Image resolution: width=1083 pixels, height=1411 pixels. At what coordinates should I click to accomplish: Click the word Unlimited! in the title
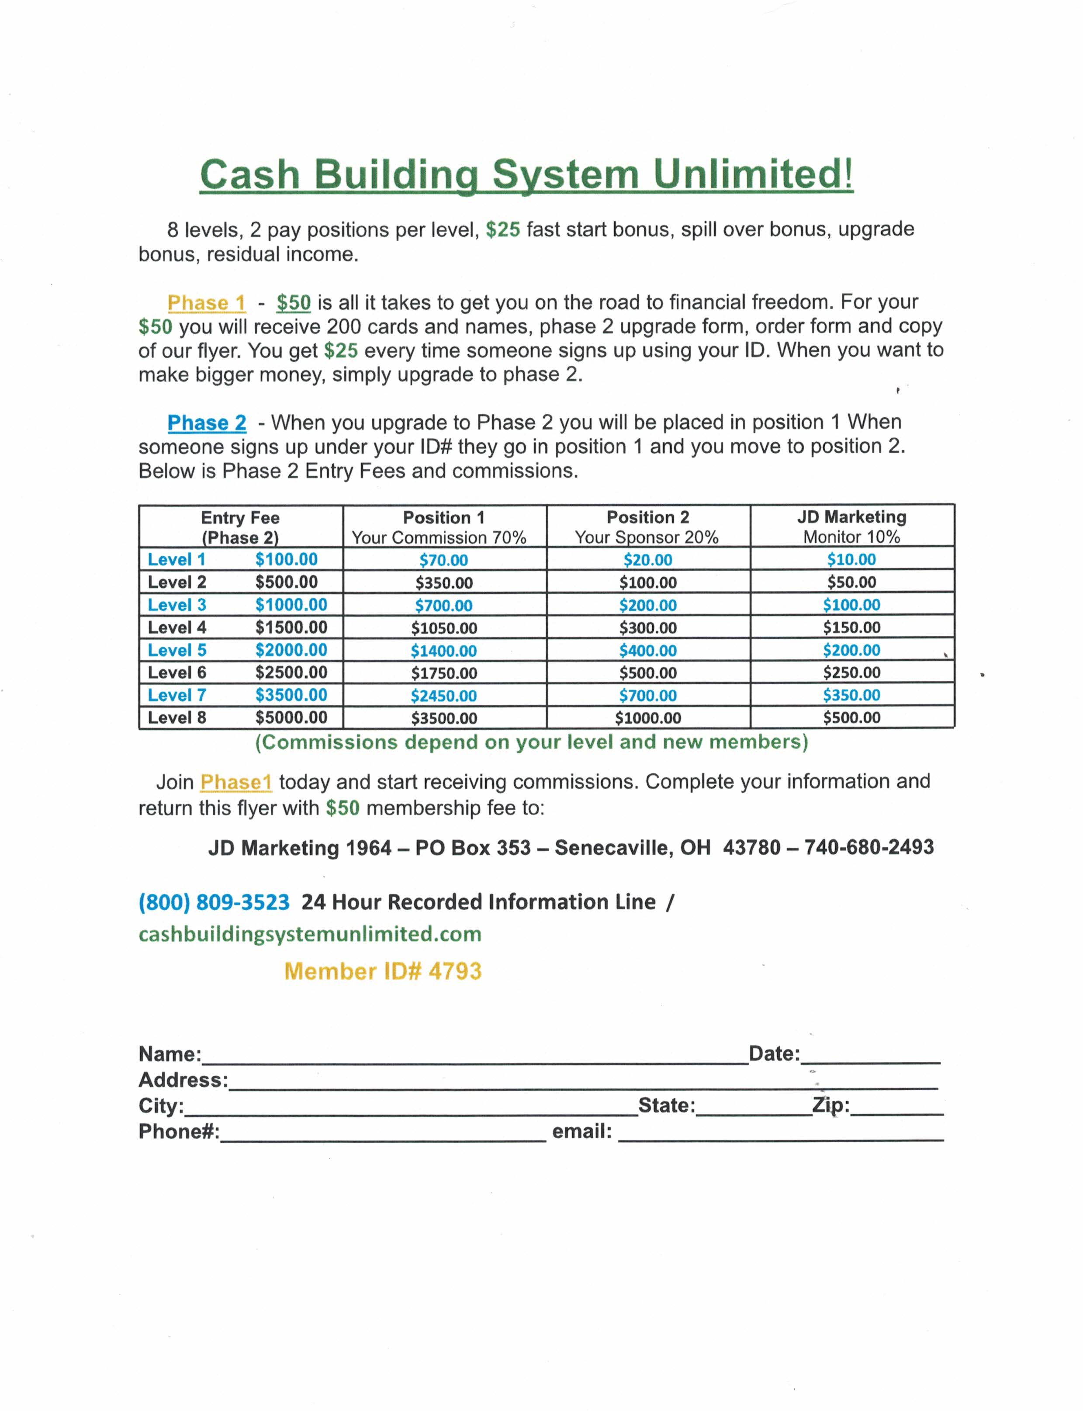click(x=753, y=174)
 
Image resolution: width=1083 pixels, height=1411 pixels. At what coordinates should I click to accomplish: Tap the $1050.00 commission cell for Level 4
click(x=444, y=628)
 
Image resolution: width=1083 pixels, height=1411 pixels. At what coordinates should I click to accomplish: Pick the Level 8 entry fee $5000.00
click(x=291, y=718)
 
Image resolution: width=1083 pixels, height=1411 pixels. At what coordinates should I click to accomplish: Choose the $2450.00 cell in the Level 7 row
click(x=444, y=696)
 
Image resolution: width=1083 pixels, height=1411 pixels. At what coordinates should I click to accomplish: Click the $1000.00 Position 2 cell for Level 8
click(x=648, y=718)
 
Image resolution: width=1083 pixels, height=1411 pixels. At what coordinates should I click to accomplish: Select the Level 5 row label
click(x=176, y=650)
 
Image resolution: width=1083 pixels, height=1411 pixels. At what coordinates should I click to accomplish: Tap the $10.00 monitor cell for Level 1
click(x=851, y=560)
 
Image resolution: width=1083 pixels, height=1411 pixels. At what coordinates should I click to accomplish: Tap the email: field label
click(x=581, y=1131)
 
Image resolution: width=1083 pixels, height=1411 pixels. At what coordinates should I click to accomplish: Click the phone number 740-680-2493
click(x=869, y=847)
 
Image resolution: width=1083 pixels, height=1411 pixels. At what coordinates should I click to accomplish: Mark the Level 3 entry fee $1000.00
click(x=291, y=605)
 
